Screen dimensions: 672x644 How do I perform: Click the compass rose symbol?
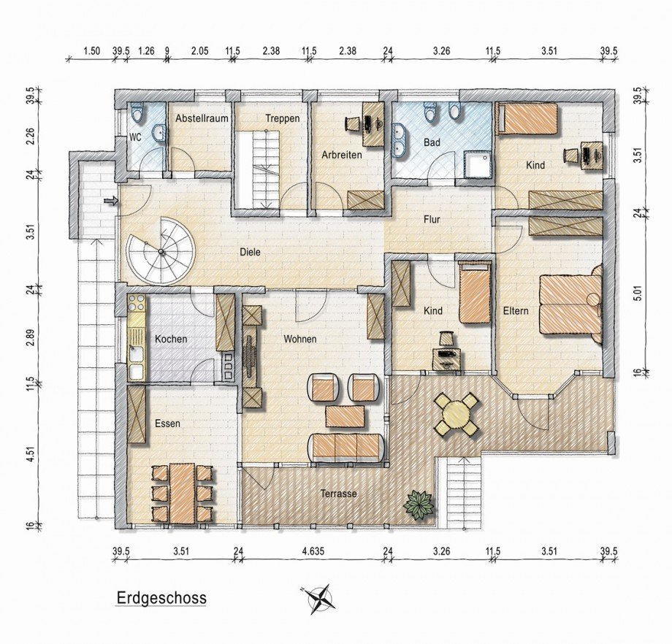coord(320,599)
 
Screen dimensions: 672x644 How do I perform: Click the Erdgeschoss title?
coord(161,598)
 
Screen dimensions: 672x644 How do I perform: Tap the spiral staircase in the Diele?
coord(161,251)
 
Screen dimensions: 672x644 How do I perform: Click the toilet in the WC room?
coord(137,112)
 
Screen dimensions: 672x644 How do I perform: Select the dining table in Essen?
coord(183,493)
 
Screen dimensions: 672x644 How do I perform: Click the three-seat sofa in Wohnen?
coord(345,448)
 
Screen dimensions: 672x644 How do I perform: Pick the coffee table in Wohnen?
coord(345,416)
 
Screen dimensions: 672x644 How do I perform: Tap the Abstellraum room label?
coord(202,118)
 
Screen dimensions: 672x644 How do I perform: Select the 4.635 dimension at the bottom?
coord(313,551)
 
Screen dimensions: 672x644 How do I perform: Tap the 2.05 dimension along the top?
coord(199,51)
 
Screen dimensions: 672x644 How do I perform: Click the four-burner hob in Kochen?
coord(137,302)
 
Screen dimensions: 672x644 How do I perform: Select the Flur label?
coord(432,219)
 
